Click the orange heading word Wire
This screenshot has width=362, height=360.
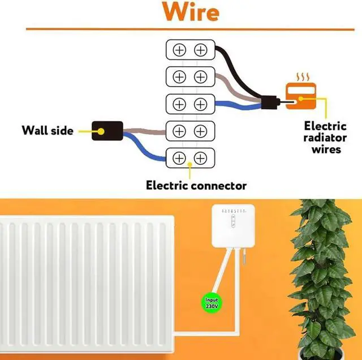pyautogui.click(x=191, y=12)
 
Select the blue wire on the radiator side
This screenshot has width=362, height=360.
pyautogui.click(x=238, y=106)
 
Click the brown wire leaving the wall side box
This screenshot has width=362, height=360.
pyautogui.click(x=144, y=131)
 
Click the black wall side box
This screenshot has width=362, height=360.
pyautogui.click(x=107, y=131)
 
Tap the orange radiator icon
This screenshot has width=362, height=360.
pyautogui.click(x=301, y=96)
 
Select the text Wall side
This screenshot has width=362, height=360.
pyautogui.click(x=48, y=130)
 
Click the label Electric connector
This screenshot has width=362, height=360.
pyautogui.click(x=196, y=185)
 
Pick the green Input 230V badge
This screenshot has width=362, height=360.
pyautogui.click(x=212, y=303)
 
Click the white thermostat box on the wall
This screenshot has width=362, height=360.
pyautogui.click(x=233, y=225)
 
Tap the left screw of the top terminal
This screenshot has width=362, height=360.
pyautogui.click(x=179, y=50)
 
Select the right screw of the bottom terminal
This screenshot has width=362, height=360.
pyautogui.click(x=200, y=158)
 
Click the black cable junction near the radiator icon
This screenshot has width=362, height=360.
pyautogui.click(x=270, y=102)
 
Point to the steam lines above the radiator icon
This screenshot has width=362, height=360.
pyautogui.click(x=303, y=77)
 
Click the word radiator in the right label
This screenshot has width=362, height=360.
pyautogui.click(x=325, y=138)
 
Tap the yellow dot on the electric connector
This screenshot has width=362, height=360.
pyautogui.click(x=190, y=164)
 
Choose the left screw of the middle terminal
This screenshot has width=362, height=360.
pyautogui.click(x=179, y=104)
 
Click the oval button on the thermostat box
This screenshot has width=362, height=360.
pyautogui.click(x=233, y=221)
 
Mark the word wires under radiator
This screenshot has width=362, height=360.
pyautogui.click(x=326, y=149)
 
